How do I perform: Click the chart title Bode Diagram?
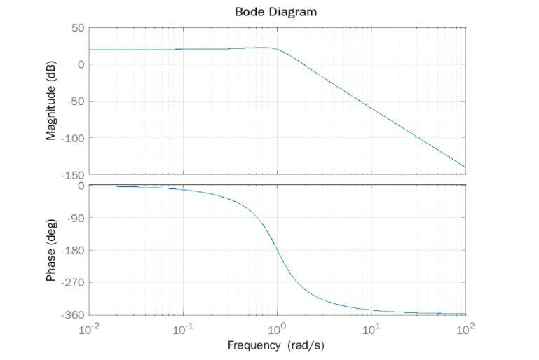click(x=275, y=12)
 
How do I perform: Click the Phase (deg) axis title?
click(x=51, y=250)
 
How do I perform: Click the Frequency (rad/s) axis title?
click(x=275, y=346)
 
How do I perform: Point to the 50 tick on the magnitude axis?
click(x=77, y=28)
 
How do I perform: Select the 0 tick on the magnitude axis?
click(x=81, y=64)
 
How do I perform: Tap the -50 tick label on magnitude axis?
click(x=75, y=102)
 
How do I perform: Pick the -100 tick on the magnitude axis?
click(x=73, y=138)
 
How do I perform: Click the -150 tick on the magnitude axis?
click(x=73, y=174)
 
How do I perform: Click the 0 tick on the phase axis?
click(x=81, y=186)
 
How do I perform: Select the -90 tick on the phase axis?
click(x=76, y=218)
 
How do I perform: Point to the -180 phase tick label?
click(x=73, y=250)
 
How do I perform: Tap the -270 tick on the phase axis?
click(x=73, y=282)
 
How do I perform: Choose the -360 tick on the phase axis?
click(x=73, y=314)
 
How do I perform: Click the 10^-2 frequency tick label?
click(x=89, y=329)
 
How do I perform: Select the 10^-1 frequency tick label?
click(x=183, y=329)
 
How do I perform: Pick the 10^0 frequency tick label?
click(x=278, y=329)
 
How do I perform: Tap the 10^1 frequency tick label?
click(x=371, y=329)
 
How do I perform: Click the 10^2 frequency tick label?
click(x=465, y=329)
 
